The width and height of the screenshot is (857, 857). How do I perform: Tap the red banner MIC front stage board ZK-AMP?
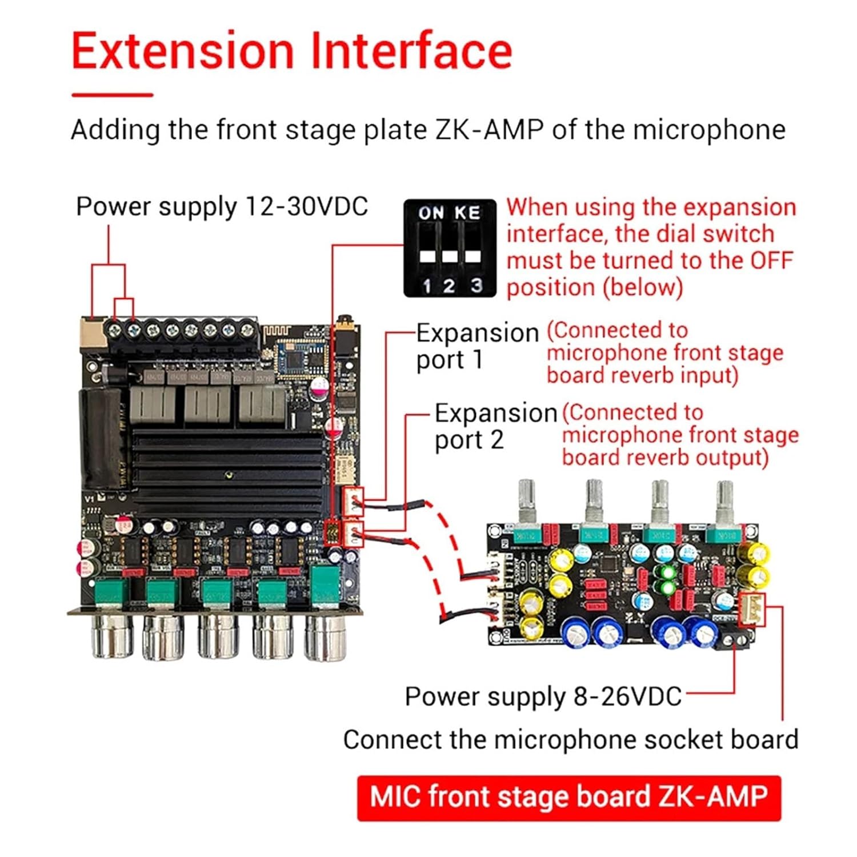(568, 798)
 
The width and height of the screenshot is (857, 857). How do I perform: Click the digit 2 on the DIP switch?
(449, 285)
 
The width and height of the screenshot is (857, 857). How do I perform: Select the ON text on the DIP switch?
(430, 213)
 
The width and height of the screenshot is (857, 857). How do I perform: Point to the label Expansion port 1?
(477, 346)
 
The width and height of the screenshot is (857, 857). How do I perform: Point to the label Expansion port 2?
(495, 426)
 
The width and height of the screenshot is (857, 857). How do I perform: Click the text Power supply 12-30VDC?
(222, 206)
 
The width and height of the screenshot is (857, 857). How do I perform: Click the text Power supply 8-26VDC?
(543, 696)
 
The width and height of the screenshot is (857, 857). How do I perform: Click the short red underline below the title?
(113, 95)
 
